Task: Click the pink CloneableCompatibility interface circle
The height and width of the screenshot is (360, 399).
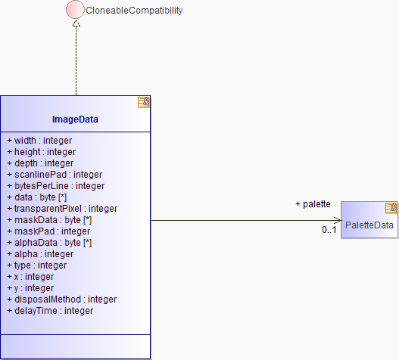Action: (75, 9)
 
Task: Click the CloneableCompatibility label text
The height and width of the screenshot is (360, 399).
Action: (134, 11)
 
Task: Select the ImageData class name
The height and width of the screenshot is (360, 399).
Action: (75, 119)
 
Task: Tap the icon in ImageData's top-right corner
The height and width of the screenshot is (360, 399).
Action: (144, 102)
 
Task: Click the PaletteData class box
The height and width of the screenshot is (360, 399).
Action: (369, 220)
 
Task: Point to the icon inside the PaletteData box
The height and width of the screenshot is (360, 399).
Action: (391, 208)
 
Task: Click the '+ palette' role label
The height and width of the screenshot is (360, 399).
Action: (313, 204)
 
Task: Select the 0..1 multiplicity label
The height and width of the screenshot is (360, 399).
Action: (329, 230)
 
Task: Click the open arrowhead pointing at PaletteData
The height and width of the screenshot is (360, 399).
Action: (338, 220)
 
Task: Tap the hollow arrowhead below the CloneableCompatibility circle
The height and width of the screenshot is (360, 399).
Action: (76, 23)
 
